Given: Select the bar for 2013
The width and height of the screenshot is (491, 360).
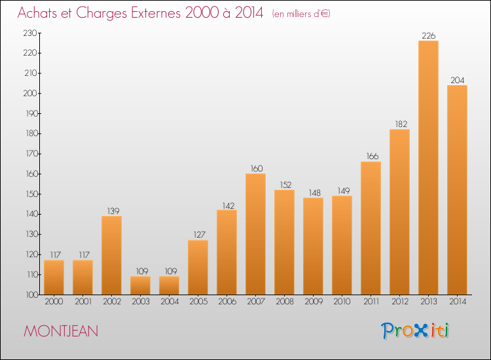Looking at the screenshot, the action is [x=428, y=168].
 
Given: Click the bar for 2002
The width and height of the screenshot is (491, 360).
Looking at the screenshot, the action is [x=111, y=255].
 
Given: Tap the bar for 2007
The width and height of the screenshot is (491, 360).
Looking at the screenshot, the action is [x=255, y=234].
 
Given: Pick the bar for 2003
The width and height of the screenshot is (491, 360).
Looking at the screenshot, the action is [x=140, y=285].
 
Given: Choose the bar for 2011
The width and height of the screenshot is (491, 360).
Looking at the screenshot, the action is [x=371, y=228].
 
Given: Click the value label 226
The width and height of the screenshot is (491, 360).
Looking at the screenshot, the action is [x=428, y=36].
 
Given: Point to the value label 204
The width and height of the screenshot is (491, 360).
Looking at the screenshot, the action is [x=457, y=80].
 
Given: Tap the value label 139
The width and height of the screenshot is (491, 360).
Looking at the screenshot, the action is [x=113, y=211].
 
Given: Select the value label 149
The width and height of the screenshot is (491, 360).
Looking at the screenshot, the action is [x=344, y=190].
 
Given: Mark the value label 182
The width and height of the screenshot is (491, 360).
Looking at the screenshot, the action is [x=401, y=124].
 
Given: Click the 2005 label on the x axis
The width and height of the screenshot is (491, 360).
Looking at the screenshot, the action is [x=198, y=301].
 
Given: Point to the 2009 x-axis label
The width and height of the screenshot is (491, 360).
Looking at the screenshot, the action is [x=314, y=301].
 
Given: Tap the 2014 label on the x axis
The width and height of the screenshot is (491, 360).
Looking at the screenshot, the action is [x=458, y=301].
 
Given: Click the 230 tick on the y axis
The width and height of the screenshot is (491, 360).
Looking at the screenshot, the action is [x=30, y=33].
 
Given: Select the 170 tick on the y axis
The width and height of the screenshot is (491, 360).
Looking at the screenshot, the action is [x=31, y=154].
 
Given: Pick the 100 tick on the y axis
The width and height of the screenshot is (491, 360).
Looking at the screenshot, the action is [x=31, y=295].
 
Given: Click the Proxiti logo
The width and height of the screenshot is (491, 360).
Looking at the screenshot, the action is [x=415, y=331].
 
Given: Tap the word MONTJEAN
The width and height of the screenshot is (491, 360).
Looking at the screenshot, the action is [x=61, y=331].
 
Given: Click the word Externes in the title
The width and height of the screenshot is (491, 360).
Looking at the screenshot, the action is [x=156, y=12].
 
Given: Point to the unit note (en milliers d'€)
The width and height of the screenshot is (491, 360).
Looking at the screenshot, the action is [x=301, y=14].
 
